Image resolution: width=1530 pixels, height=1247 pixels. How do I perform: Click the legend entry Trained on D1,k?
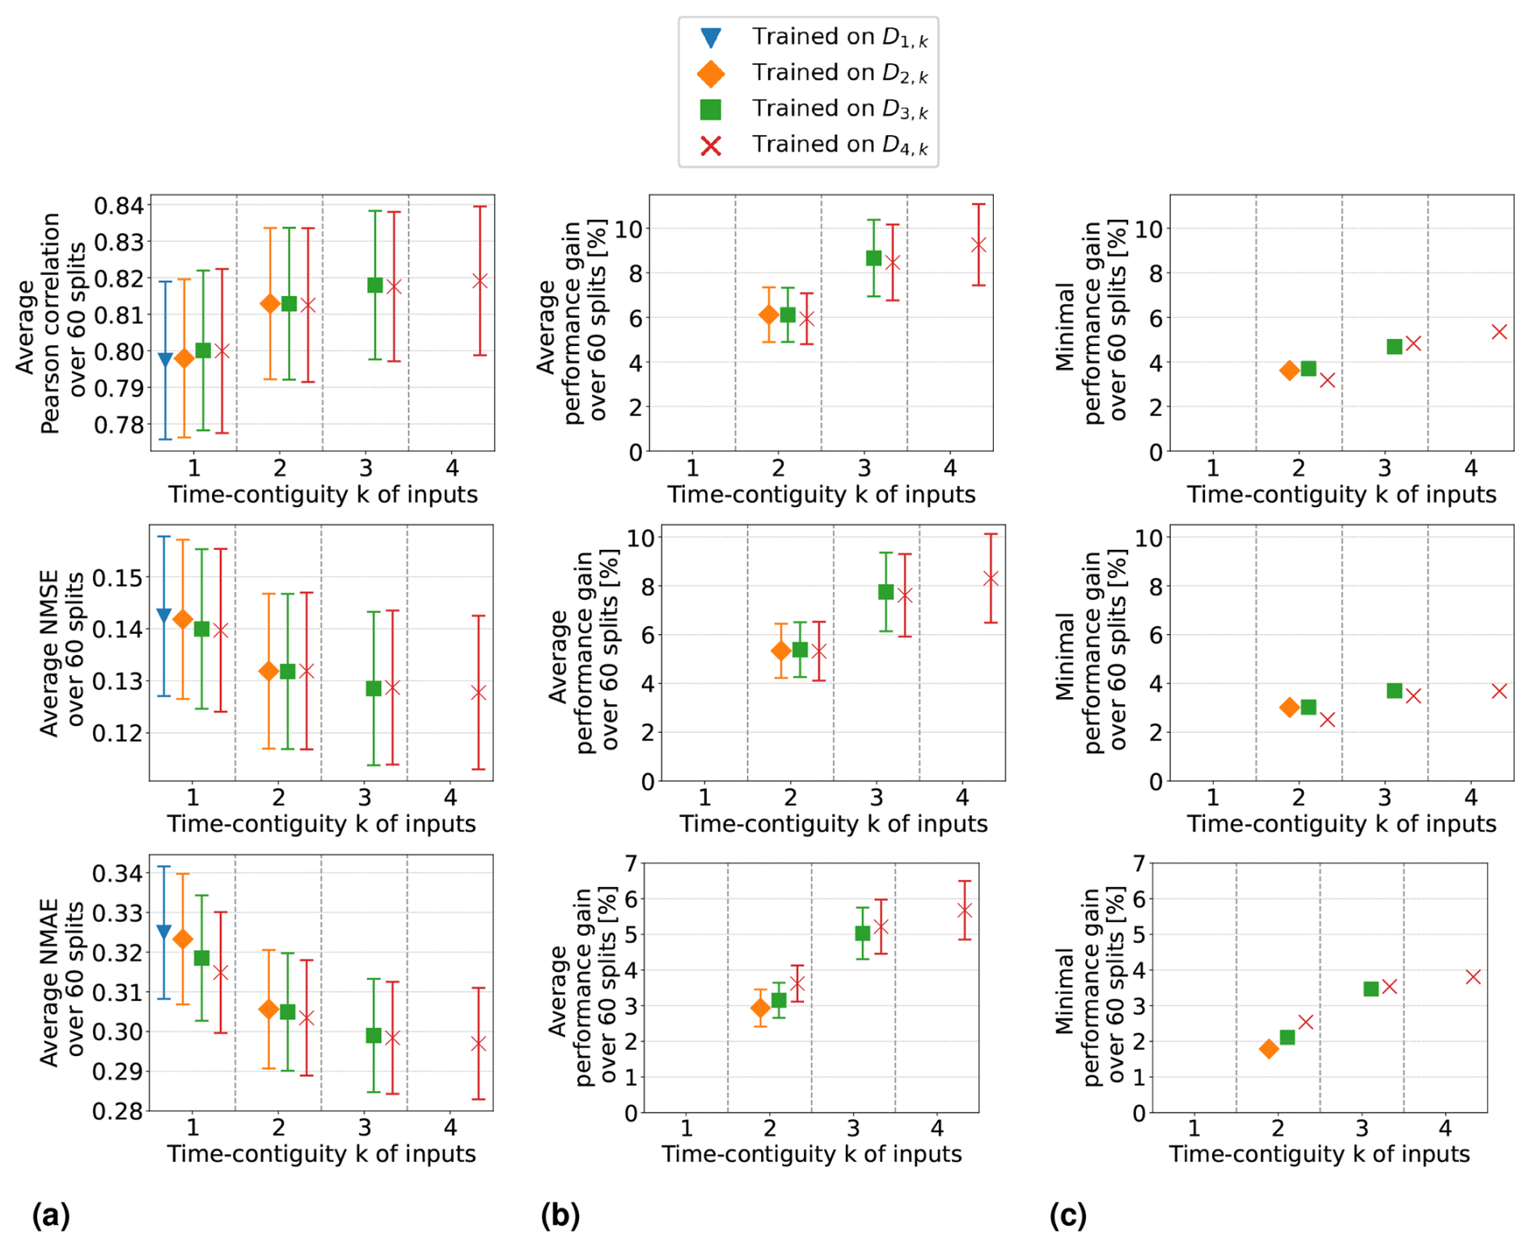(x=839, y=37)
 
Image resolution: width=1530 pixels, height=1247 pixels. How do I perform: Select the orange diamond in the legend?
(x=711, y=74)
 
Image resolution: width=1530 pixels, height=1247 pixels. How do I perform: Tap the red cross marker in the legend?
(x=711, y=146)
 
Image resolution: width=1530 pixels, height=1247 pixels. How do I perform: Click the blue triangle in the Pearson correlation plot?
(x=165, y=360)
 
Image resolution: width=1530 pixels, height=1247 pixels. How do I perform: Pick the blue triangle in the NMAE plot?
(x=163, y=932)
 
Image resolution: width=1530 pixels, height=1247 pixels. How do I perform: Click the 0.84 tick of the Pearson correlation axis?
(x=119, y=205)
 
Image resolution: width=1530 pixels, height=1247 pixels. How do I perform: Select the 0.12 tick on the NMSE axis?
(x=117, y=733)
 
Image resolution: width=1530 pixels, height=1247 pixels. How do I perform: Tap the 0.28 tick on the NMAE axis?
(x=117, y=1111)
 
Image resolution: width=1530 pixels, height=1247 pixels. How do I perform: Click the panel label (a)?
(x=51, y=1215)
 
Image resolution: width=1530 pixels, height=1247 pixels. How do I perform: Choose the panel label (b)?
(x=560, y=1215)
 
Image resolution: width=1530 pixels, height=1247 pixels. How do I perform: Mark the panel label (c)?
(x=1067, y=1215)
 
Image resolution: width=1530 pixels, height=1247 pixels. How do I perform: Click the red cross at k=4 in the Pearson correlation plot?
(x=480, y=281)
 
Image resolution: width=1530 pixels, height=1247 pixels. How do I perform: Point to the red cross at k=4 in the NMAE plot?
(x=479, y=1044)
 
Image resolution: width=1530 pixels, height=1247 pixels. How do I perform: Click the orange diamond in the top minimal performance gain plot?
(x=1290, y=370)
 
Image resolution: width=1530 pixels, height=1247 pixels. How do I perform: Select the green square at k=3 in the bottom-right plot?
(x=1371, y=989)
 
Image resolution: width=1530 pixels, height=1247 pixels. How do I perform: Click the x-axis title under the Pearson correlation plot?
(x=323, y=494)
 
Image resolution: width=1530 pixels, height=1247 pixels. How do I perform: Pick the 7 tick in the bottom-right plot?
(x=1139, y=864)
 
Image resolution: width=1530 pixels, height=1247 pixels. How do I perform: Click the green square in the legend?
(x=711, y=109)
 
